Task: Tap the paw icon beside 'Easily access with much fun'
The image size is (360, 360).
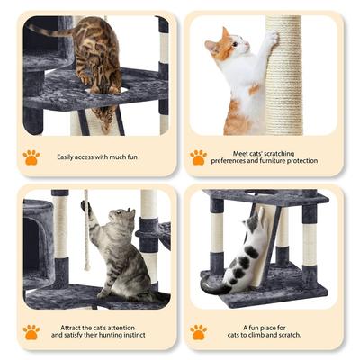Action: pyautogui.click(x=31, y=157)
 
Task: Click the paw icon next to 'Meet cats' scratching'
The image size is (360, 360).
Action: pyautogui.click(x=198, y=157)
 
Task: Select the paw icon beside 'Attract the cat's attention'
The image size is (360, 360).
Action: pyautogui.click(x=31, y=331)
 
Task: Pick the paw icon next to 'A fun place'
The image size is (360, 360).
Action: pyautogui.click(x=198, y=331)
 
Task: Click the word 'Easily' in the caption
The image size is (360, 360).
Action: pyautogui.click(x=68, y=157)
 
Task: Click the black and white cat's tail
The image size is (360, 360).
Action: pyautogui.click(x=216, y=287)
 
